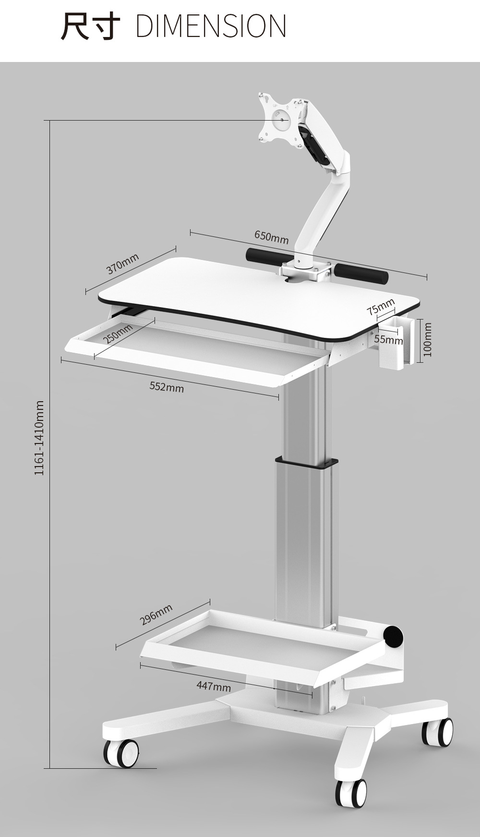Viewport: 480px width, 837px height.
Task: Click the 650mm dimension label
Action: (272, 236)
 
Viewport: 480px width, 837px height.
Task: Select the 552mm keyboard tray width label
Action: (167, 386)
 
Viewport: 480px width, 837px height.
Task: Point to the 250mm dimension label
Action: (118, 333)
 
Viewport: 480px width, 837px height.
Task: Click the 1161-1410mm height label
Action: (39, 438)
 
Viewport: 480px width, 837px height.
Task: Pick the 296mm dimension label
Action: (156, 615)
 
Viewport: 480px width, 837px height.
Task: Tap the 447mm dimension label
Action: (214, 686)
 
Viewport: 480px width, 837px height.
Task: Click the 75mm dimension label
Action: (381, 307)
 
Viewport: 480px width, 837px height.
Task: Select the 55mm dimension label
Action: (389, 340)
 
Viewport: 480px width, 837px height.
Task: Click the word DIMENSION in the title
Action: (211, 26)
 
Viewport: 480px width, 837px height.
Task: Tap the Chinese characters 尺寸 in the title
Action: (90, 26)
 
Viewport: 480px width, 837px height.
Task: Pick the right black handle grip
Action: (361, 271)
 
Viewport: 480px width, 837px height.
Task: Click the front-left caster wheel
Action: (122, 752)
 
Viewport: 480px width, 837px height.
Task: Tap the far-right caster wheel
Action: (437, 732)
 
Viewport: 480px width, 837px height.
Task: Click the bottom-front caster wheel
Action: (350, 793)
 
